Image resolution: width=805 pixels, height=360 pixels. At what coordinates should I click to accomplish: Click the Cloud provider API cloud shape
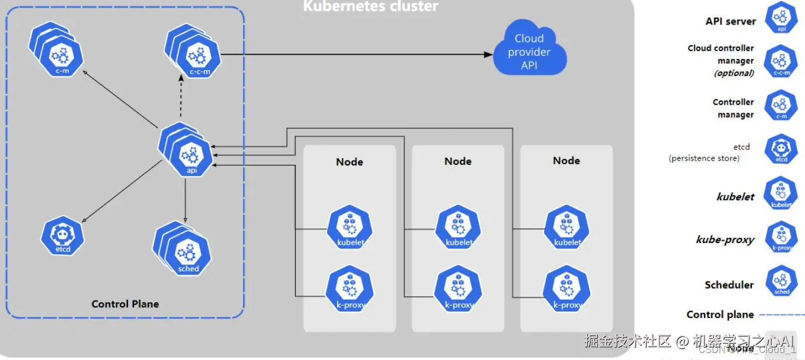[529, 52]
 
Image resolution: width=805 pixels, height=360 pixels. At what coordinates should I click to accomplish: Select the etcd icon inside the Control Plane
[63, 236]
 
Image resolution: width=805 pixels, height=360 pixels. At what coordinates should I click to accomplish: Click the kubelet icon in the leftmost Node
[350, 229]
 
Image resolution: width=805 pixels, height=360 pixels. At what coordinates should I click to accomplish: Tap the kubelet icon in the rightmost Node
[567, 229]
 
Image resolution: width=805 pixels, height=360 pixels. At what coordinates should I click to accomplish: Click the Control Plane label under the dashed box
[125, 304]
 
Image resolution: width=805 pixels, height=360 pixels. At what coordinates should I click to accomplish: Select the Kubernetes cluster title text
[370, 6]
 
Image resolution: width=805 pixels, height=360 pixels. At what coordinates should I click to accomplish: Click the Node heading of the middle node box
[458, 161]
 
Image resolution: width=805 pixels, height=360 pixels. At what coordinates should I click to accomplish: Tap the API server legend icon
[781, 18]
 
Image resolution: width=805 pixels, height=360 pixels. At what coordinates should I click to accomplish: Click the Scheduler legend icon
[781, 281]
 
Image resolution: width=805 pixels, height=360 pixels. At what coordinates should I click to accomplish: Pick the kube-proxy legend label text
[725, 240]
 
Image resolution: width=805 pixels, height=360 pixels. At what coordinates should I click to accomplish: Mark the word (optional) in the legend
[734, 73]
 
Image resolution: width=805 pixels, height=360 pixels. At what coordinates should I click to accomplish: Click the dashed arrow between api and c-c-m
[181, 99]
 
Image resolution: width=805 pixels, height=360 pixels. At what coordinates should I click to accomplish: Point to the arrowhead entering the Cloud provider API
[488, 54]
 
